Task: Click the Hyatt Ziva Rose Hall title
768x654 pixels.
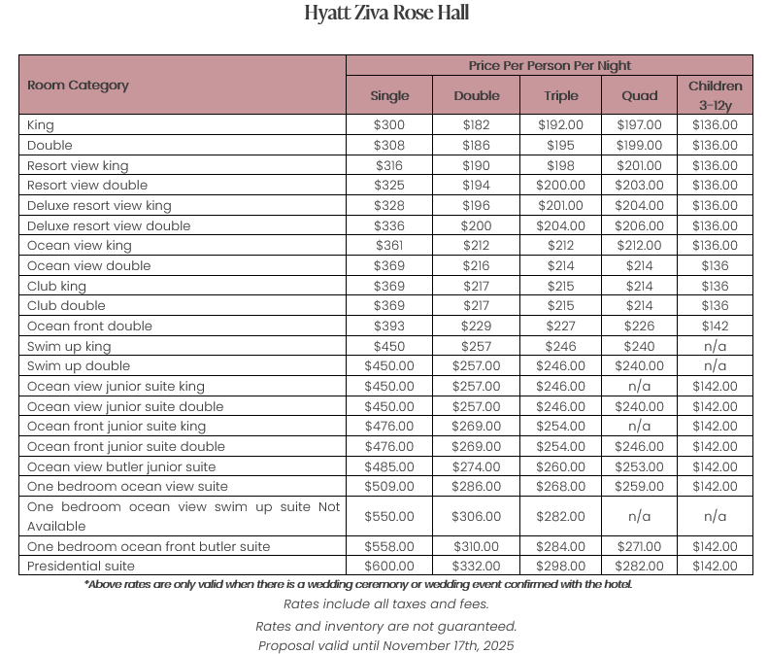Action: (385, 14)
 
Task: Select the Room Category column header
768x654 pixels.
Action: (78, 86)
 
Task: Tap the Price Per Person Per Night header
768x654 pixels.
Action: (550, 65)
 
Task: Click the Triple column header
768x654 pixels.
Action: (560, 95)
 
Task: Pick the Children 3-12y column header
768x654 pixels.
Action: (715, 95)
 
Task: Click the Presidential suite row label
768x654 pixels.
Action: (81, 566)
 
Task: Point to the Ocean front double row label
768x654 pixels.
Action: (89, 326)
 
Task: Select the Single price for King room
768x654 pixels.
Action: (389, 125)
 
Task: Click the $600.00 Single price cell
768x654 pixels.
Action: (389, 566)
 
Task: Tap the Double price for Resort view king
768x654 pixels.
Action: (477, 165)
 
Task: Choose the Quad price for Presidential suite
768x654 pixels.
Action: (639, 566)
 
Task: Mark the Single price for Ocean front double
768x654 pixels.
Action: (389, 326)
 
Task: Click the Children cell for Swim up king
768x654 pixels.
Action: (715, 346)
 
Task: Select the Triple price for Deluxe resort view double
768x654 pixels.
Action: (560, 225)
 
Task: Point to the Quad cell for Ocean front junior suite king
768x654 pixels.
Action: (639, 426)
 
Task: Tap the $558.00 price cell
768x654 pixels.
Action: (389, 546)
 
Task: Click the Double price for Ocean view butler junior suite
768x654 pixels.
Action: (477, 466)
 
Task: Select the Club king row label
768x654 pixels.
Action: (56, 286)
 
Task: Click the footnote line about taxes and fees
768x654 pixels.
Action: (385, 604)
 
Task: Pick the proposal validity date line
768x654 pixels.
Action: (385, 645)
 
